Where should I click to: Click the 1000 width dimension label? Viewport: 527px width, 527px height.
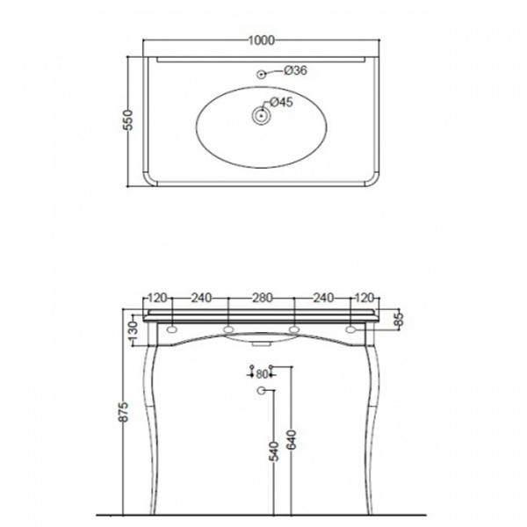[x=262, y=40]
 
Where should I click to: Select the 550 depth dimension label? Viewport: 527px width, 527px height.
[x=129, y=120]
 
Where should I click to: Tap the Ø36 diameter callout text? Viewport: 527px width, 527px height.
[x=296, y=70]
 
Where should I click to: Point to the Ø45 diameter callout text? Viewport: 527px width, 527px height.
[x=282, y=102]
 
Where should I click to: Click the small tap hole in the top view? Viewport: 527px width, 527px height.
[x=261, y=75]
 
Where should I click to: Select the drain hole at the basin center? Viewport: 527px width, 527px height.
[x=261, y=116]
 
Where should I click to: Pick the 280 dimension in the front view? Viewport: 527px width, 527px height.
[x=262, y=298]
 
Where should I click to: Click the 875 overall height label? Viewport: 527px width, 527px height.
[x=124, y=411]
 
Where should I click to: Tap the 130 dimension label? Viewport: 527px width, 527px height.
[x=134, y=331]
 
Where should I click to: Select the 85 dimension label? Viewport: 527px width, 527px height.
[x=399, y=319]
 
